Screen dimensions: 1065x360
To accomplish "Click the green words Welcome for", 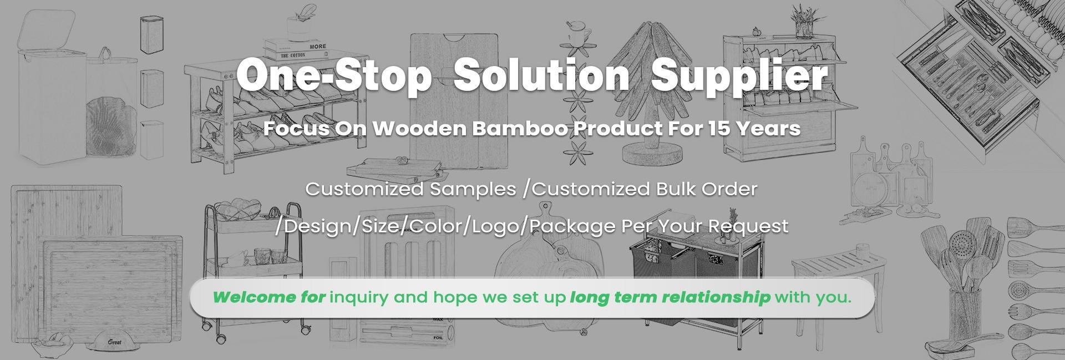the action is coord(268,297).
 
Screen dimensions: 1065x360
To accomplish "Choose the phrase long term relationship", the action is coord(670,298).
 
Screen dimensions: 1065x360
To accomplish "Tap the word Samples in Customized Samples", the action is coord(473,190).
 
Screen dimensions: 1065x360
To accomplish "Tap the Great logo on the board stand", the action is coord(115,342).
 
